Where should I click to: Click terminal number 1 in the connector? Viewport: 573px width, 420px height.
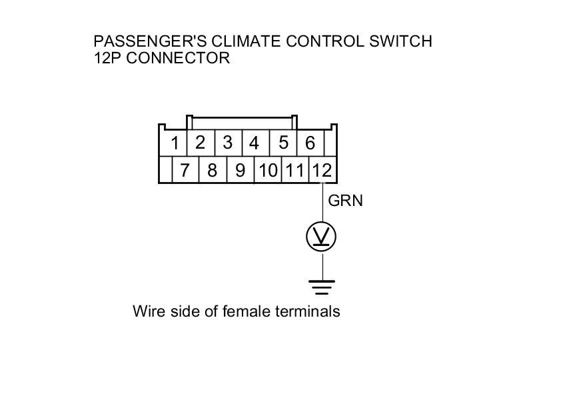175,143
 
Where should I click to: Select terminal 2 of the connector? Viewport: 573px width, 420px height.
200,142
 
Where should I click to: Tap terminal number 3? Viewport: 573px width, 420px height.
227,142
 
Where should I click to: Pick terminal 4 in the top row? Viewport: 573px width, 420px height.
254,143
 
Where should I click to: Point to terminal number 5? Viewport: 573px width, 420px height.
283,142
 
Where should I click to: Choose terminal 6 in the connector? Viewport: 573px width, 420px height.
310,143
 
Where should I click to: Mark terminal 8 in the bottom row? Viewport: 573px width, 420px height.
212,171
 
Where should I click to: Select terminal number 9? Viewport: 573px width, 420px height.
240,171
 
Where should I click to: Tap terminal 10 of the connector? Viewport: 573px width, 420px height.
268,171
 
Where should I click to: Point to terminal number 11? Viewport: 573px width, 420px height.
294,171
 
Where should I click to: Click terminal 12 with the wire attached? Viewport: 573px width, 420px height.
321,171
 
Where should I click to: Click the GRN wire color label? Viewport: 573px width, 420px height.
345,200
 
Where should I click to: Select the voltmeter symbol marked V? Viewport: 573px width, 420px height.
322,237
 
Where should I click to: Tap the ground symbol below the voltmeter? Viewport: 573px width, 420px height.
322,287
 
